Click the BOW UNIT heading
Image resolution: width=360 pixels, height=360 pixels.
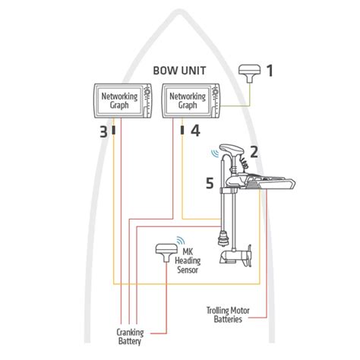pyautogui.click(x=179, y=71)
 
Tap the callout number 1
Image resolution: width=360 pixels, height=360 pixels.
pyautogui.click(x=270, y=71)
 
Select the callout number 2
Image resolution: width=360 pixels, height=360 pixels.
pyautogui.click(x=254, y=152)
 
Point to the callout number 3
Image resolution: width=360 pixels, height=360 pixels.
pyautogui.click(x=103, y=132)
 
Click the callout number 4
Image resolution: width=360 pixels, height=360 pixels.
pyautogui.click(x=195, y=131)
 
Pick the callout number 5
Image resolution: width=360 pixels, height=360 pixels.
pyautogui.click(x=210, y=183)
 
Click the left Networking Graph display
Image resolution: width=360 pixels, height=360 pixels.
pyautogui.click(x=123, y=101)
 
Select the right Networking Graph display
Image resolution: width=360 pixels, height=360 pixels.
pyautogui.click(x=191, y=101)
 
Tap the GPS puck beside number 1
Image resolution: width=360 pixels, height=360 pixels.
pyautogui.click(x=250, y=74)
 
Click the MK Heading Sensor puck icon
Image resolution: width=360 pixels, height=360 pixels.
pyautogui.click(x=166, y=253)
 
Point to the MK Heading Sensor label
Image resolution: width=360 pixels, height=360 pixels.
pyautogui.click(x=188, y=261)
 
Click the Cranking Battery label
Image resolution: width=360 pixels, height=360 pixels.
pyautogui.click(x=130, y=336)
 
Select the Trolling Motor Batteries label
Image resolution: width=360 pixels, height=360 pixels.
pyautogui.click(x=228, y=314)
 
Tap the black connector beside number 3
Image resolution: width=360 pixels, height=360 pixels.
pyautogui.click(x=114, y=131)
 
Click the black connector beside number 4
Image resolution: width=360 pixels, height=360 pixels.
pyautogui.click(x=182, y=131)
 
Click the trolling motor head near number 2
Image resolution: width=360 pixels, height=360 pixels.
pyautogui.click(x=232, y=150)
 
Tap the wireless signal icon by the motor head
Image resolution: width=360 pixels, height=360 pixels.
pyautogui.click(x=215, y=153)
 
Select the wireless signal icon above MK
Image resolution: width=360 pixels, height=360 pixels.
pyautogui.click(x=181, y=240)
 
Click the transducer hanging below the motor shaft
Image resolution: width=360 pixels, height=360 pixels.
pyautogui.click(x=223, y=238)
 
